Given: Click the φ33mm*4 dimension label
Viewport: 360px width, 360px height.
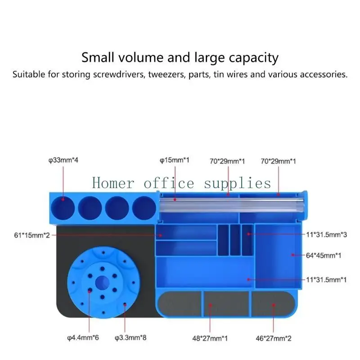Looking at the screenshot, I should click(63, 160).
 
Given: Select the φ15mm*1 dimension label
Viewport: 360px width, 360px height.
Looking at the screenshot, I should click(174, 160).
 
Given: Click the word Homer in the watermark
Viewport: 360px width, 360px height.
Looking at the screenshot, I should click(113, 183).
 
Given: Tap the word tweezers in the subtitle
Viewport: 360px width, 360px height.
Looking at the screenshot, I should click(157, 74).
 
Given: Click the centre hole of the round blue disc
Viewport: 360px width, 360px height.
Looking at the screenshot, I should click(103, 281).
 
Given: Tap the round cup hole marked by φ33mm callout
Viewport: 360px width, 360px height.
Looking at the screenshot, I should click(63, 207).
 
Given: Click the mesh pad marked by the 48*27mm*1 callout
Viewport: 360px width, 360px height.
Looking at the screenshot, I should click(226, 304).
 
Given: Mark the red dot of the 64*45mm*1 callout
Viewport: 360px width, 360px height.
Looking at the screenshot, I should click(292, 255).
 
